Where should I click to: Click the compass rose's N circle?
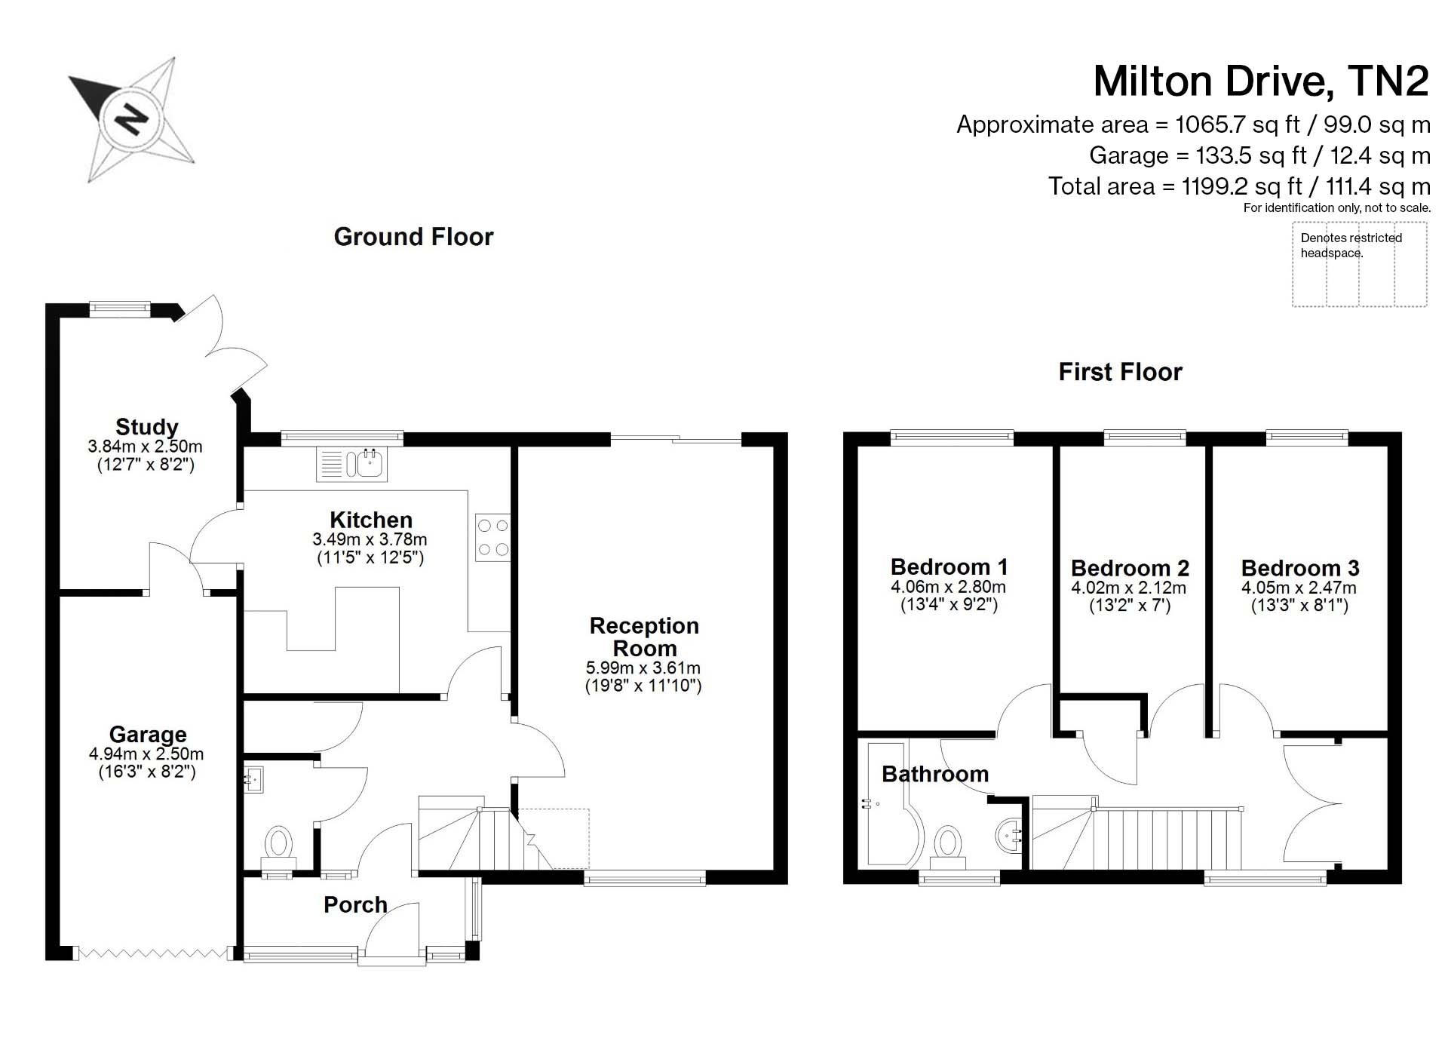(x=132, y=119)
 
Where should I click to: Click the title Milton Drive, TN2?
(x=1261, y=81)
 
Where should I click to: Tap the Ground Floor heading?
(x=413, y=237)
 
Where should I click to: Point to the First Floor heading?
(x=1120, y=372)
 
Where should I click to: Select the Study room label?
(x=146, y=427)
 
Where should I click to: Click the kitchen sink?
(x=351, y=463)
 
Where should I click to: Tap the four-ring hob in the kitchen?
(x=492, y=538)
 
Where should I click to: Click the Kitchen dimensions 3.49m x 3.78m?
(x=370, y=540)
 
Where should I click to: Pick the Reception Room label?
(x=644, y=637)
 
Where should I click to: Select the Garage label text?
(x=148, y=734)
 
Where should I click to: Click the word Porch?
(x=355, y=904)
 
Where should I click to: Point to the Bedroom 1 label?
(x=949, y=566)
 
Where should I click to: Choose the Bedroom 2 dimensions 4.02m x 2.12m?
(x=1128, y=588)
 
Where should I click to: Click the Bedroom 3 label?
(x=1300, y=568)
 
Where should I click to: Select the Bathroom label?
(x=935, y=774)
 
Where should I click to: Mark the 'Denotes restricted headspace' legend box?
(x=1360, y=264)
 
